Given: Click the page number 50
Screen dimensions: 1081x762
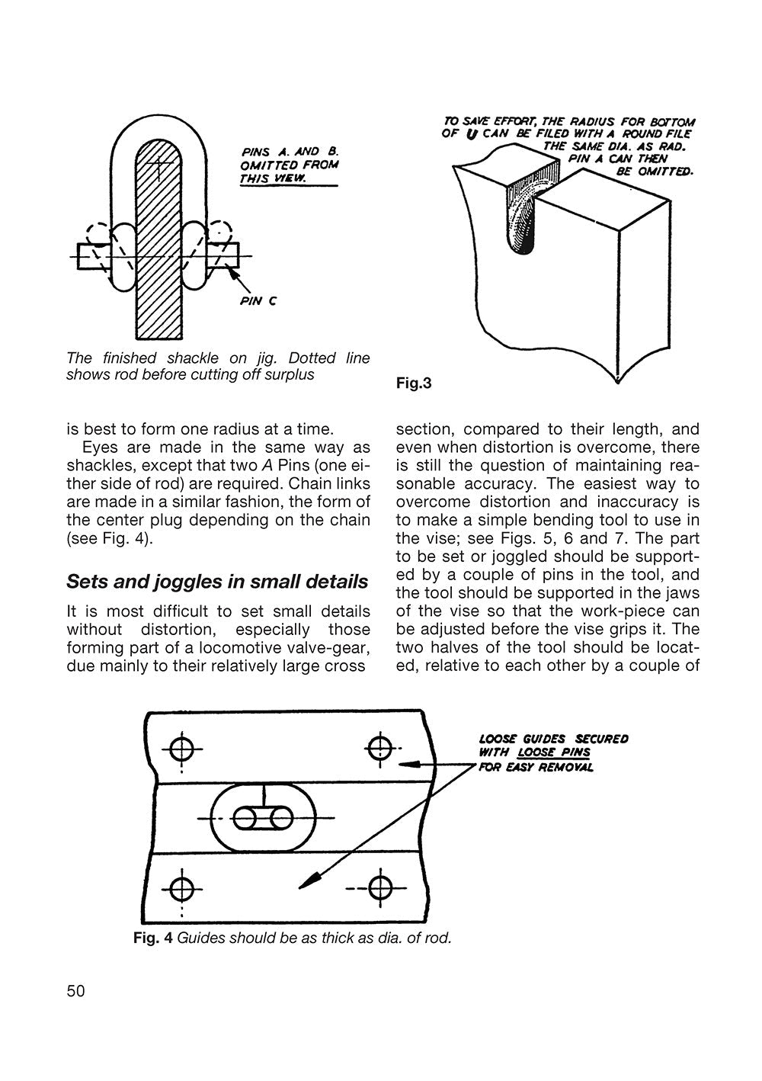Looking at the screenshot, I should click(x=76, y=990).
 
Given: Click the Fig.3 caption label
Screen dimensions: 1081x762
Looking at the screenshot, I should click(x=414, y=383).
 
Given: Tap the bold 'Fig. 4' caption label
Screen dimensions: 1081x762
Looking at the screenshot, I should click(x=153, y=938).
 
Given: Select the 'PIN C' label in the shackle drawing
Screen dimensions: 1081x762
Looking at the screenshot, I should click(x=258, y=300).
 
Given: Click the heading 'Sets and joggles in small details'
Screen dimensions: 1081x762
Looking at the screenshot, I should click(x=217, y=582).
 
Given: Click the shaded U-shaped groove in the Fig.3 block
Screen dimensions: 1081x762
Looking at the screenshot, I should click(x=523, y=217).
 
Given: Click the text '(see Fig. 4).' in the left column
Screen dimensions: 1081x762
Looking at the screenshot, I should click(x=110, y=539).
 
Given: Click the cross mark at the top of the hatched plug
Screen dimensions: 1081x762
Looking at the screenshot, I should click(x=158, y=165).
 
